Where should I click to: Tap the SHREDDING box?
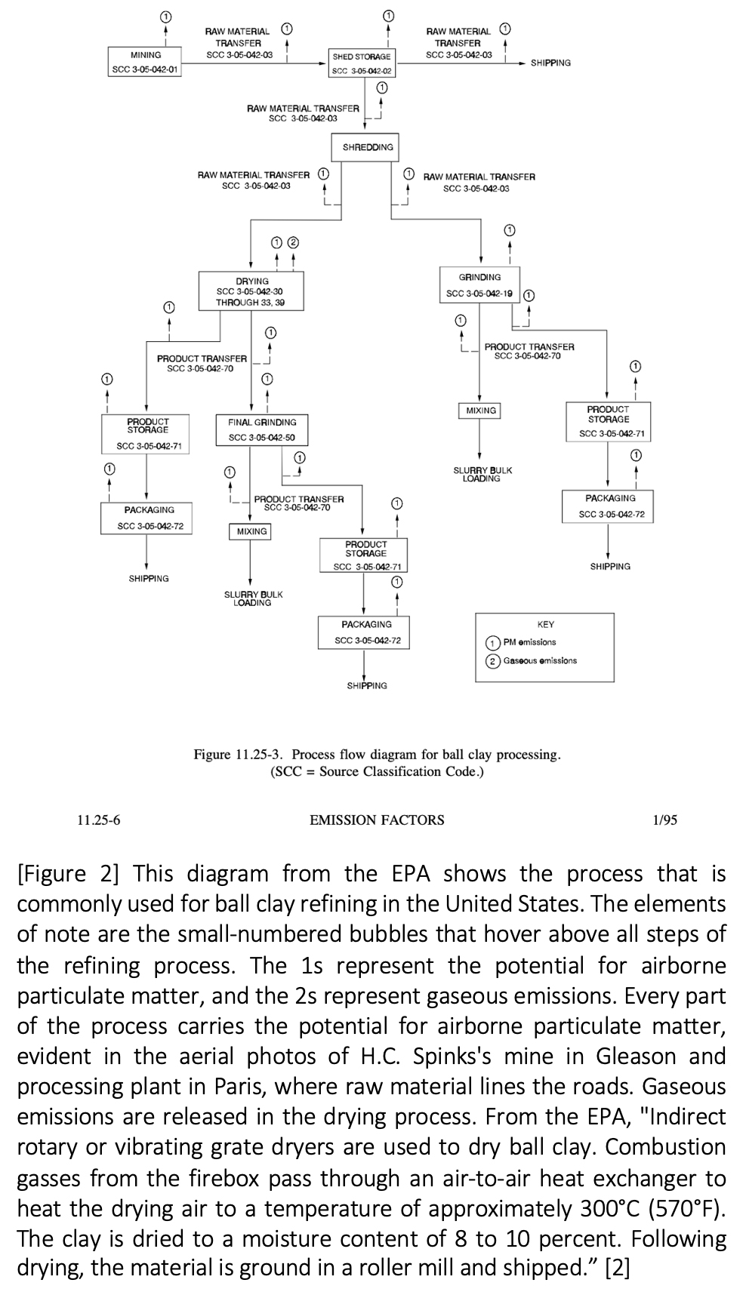coord(368,147)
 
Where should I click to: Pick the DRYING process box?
coord(251,291)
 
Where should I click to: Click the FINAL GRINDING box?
coord(262,429)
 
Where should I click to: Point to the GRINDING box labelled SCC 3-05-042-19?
coord(479,285)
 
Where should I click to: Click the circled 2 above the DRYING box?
coord(293,242)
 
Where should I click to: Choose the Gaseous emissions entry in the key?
coord(532,661)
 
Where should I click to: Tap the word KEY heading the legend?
coord(545,624)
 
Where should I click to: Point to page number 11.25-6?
coord(98,820)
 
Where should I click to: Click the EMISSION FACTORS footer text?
coord(377,820)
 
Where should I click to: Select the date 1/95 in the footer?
coord(664,820)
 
